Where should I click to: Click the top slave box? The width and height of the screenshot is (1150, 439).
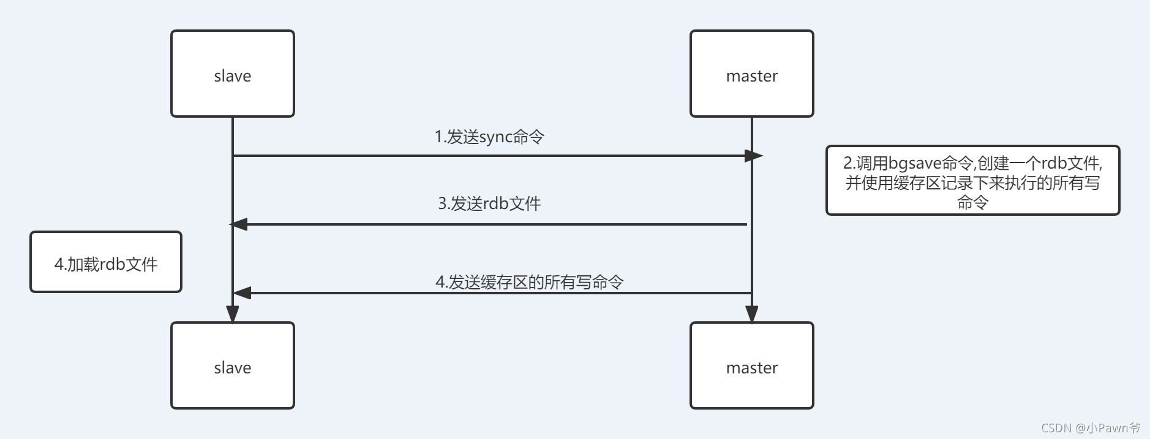[x=233, y=74]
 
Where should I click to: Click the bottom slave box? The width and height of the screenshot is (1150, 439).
[x=233, y=365]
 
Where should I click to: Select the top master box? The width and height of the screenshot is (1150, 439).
[x=752, y=74]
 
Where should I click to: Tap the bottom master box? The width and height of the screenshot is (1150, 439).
[x=752, y=365]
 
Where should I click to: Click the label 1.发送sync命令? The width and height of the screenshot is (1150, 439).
[x=489, y=137]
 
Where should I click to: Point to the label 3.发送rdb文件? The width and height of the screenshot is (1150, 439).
[x=489, y=204]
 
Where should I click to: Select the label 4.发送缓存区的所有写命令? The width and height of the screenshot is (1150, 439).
[x=529, y=282]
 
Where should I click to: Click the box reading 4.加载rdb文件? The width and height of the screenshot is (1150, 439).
[x=106, y=262]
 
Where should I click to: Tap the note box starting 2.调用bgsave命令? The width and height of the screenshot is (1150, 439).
[x=972, y=180]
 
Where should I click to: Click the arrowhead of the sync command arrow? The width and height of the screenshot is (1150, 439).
[x=754, y=156]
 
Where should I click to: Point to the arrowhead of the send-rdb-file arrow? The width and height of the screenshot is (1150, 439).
[x=239, y=224]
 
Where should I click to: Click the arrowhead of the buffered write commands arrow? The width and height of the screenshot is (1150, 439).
[x=242, y=293]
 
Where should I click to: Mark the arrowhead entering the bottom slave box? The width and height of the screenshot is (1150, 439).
[x=233, y=314]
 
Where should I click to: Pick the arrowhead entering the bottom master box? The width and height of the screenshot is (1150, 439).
[x=752, y=314]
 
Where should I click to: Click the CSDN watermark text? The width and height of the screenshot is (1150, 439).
[x=1090, y=428]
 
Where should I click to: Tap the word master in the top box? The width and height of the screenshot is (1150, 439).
[x=752, y=76]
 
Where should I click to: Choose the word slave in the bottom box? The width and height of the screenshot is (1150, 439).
[x=233, y=368]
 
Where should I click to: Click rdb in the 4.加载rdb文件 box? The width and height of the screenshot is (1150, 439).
[x=112, y=264]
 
